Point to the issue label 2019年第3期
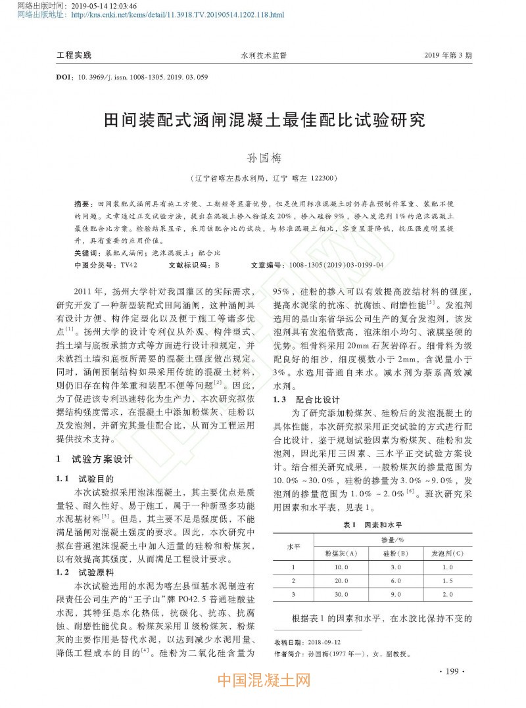448,55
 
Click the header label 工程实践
74,55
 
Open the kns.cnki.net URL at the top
177,14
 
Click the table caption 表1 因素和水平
372,525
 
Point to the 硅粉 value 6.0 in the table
396,580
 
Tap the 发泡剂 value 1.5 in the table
447,580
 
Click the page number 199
451,671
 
